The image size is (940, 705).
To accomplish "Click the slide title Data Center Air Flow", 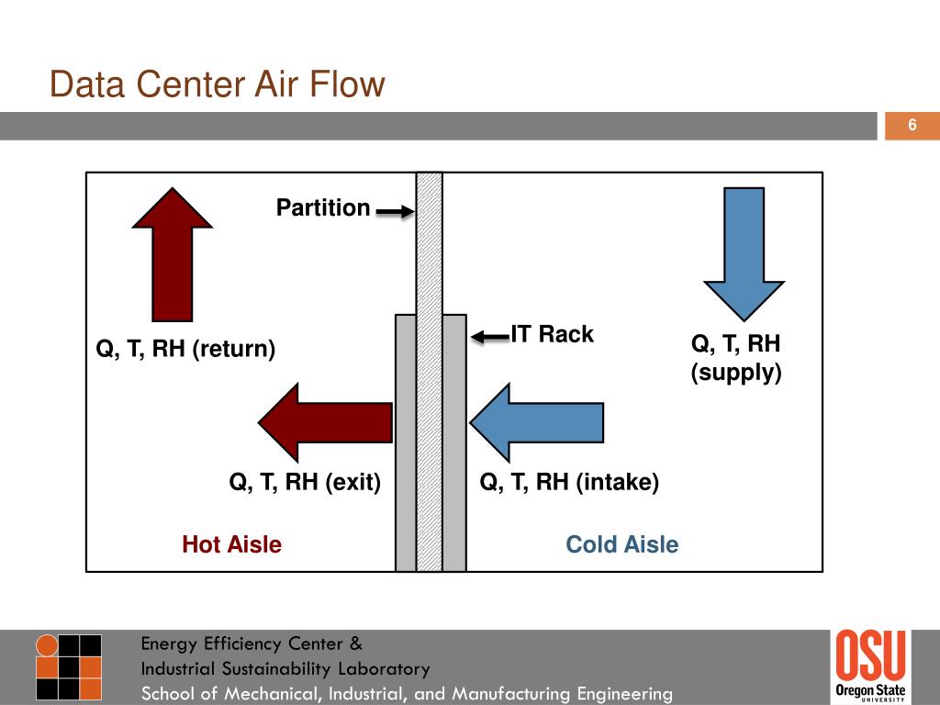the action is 217,84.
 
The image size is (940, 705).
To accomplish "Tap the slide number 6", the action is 912,125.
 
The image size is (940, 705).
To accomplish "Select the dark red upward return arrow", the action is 172,255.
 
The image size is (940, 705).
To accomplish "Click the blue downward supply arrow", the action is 744,255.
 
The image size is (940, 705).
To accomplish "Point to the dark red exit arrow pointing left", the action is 326,422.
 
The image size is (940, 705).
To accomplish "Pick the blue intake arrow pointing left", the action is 536,422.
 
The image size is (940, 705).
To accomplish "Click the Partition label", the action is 323,207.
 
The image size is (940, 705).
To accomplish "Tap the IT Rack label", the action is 552,334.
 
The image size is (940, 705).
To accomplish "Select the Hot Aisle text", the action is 232,544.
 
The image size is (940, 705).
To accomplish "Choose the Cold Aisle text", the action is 622,544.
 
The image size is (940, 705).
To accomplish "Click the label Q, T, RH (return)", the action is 185,348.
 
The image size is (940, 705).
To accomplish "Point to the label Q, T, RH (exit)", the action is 305,481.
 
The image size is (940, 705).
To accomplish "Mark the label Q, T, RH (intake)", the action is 569,481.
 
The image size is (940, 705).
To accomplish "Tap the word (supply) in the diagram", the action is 736,373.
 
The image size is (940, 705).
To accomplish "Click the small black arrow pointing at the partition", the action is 395,211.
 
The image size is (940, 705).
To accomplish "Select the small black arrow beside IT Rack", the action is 490,337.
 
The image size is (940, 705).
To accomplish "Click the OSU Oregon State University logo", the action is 870,665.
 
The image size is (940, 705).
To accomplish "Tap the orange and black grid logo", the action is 68,666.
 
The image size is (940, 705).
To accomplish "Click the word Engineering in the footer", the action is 624,694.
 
